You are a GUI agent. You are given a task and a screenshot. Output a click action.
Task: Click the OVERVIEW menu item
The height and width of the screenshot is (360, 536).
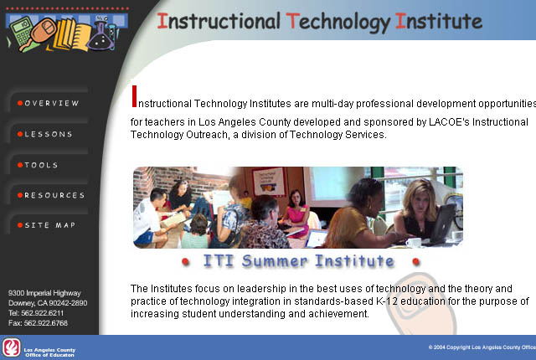(x=52, y=103)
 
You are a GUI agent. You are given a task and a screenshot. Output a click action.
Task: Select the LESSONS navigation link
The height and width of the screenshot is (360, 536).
(x=49, y=134)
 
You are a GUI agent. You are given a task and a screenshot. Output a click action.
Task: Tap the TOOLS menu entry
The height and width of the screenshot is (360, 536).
(x=41, y=165)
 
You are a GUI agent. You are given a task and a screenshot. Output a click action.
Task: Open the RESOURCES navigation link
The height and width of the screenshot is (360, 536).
(x=54, y=195)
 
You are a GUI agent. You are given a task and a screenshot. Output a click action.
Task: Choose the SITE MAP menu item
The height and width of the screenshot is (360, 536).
(x=50, y=225)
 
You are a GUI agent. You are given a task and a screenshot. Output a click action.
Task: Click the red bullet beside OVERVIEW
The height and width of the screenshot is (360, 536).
(x=20, y=103)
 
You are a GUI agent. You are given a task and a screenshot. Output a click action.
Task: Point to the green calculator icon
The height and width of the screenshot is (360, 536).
(x=21, y=32)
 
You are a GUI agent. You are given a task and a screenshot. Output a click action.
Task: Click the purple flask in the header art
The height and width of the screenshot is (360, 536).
(x=100, y=35)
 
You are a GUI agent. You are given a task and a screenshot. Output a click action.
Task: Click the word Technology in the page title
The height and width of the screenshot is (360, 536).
(x=338, y=22)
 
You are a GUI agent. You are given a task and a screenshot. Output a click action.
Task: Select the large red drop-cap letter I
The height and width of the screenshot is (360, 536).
(x=134, y=96)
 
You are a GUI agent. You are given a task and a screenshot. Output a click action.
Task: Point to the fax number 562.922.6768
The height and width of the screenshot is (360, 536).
(x=46, y=323)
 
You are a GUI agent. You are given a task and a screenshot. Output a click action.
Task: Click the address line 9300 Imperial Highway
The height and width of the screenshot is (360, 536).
(x=44, y=293)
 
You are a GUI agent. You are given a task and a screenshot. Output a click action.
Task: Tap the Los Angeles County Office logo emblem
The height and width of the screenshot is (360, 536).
(x=11, y=347)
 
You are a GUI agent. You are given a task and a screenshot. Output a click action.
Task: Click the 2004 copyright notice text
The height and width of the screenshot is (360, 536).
(x=482, y=347)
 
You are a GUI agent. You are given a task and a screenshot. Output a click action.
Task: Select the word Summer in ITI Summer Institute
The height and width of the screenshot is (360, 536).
(x=275, y=261)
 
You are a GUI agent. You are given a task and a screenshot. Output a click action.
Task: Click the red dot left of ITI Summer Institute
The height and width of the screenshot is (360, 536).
(x=185, y=262)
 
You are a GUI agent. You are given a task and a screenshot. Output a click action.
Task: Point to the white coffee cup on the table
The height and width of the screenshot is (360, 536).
(x=413, y=243)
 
